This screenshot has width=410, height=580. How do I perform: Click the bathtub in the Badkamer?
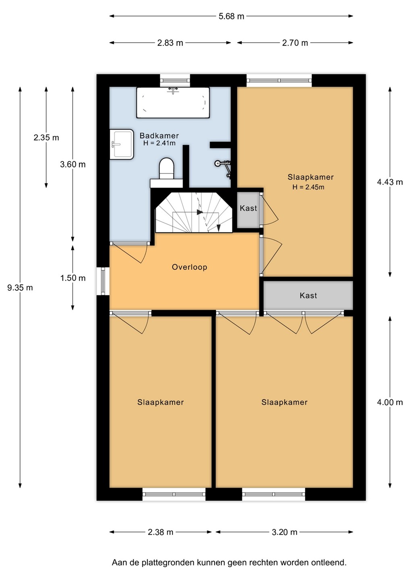click(173, 103)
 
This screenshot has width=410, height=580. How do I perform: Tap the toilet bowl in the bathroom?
click(167, 168)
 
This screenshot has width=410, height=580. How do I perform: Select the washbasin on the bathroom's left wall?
click(122, 144)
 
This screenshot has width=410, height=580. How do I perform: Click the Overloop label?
click(189, 267)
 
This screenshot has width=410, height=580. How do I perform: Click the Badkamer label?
click(159, 136)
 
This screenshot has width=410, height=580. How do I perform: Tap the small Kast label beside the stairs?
click(248, 208)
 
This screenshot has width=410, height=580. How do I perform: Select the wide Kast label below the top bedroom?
click(308, 296)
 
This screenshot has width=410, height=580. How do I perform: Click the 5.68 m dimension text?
click(231, 16)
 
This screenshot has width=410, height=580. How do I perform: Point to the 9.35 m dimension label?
click(20, 288)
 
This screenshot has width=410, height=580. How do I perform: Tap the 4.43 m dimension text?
click(390, 182)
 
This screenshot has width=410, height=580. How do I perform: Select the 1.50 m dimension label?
click(73, 278)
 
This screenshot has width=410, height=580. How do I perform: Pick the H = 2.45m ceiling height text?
click(308, 187)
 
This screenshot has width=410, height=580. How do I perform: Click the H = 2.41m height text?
click(159, 143)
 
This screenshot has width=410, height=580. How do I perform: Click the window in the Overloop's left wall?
click(103, 281)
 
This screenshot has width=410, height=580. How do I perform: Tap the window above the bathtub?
click(175, 81)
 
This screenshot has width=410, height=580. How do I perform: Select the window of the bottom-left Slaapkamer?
click(174, 494)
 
